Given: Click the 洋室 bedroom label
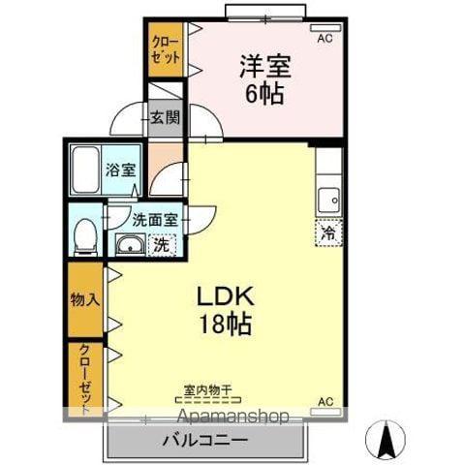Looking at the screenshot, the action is [x=265, y=67].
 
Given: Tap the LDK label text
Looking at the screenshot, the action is [x=226, y=296].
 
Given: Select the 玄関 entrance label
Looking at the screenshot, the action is [x=166, y=117].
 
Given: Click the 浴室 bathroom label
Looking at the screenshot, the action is [x=121, y=170].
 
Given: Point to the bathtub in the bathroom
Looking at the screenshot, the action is [x=85, y=170].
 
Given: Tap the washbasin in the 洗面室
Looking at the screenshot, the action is [x=130, y=245].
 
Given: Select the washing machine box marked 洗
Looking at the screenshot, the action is [x=162, y=245].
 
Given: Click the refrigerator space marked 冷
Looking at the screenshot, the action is [x=328, y=232].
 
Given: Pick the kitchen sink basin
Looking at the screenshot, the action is [x=328, y=201].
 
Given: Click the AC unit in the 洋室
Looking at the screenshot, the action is [x=325, y=28].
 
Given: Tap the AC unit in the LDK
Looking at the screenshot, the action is [x=325, y=412].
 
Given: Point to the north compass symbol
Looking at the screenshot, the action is [x=386, y=439].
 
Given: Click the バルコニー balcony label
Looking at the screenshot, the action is [x=205, y=440].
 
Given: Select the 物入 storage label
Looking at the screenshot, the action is [x=85, y=300].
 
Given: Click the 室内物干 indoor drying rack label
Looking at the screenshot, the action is [x=208, y=389].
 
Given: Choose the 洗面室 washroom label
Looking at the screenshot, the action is [x=155, y=220].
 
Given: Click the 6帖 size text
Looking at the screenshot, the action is [x=264, y=94].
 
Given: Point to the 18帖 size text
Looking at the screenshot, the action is [x=226, y=324].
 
